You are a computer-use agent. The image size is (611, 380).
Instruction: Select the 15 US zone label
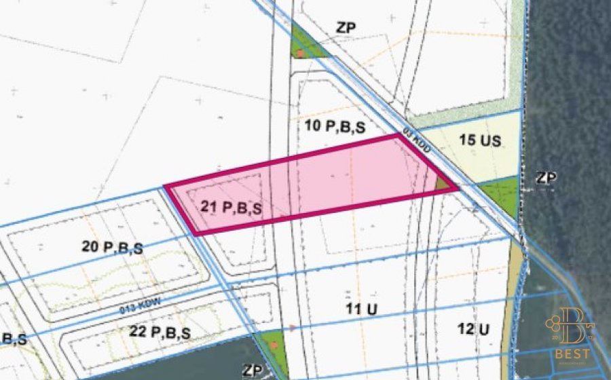pos(480,141)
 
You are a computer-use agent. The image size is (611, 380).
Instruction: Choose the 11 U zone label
pos(362,309)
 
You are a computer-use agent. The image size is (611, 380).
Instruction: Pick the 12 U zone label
pos(474,329)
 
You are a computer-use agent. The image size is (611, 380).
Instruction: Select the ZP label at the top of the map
pos(346,28)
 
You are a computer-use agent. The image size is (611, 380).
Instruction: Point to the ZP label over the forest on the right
pos(546,178)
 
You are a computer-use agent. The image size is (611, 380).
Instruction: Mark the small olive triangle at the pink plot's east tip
pos(443,183)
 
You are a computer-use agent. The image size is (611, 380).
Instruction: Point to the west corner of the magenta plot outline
pos(166,186)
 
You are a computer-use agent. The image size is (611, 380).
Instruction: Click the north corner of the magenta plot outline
pos(397,136)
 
